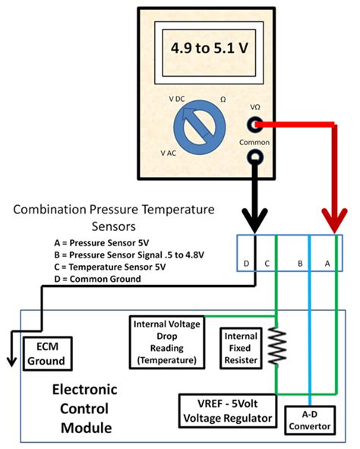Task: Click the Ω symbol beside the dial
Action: tap(223, 100)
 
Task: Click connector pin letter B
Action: tap(301, 263)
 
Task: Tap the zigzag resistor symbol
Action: tap(277, 348)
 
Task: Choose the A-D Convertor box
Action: tap(308, 420)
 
